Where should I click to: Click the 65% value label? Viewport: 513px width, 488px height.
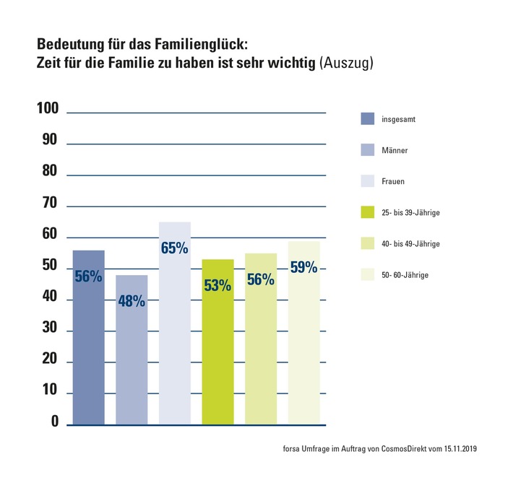coord(174,248)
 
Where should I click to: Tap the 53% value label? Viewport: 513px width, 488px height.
coord(217,285)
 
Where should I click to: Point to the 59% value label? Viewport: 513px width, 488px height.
coord(303,267)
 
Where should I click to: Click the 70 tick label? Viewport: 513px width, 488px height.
coord(49,203)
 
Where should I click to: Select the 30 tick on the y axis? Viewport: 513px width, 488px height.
coord(49,328)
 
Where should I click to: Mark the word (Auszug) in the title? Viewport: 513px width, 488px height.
coord(346,64)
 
